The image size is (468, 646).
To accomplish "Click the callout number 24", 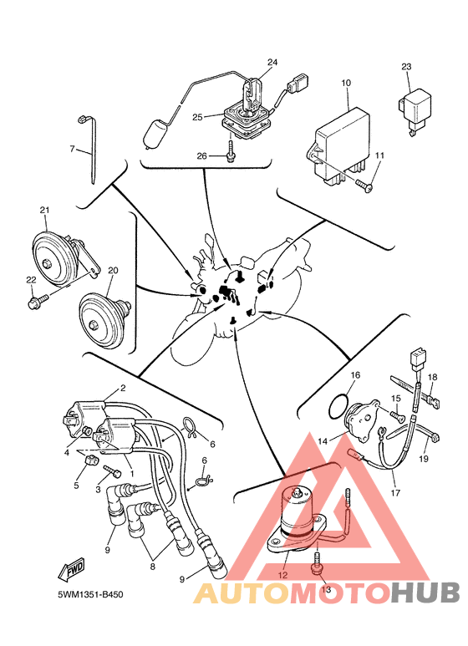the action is click(272, 62).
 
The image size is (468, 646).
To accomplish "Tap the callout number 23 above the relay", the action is click(406, 66).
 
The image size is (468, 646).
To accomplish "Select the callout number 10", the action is click(346, 83).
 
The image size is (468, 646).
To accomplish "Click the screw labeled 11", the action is click(364, 185).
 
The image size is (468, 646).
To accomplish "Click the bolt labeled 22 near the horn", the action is click(38, 301).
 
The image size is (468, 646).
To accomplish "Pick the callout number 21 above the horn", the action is click(44, 210).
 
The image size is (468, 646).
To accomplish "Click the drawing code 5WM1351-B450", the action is click(90, 594).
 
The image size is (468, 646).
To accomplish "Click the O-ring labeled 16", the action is click(338, 406).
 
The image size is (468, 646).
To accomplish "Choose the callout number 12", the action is click(283, 575).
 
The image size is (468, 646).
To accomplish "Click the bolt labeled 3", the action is click(112, 471).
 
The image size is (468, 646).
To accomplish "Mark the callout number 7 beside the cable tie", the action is click(73, 148).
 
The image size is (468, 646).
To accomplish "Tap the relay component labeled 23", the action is click(415, 109).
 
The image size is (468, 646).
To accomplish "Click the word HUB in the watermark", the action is click(425, 593).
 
